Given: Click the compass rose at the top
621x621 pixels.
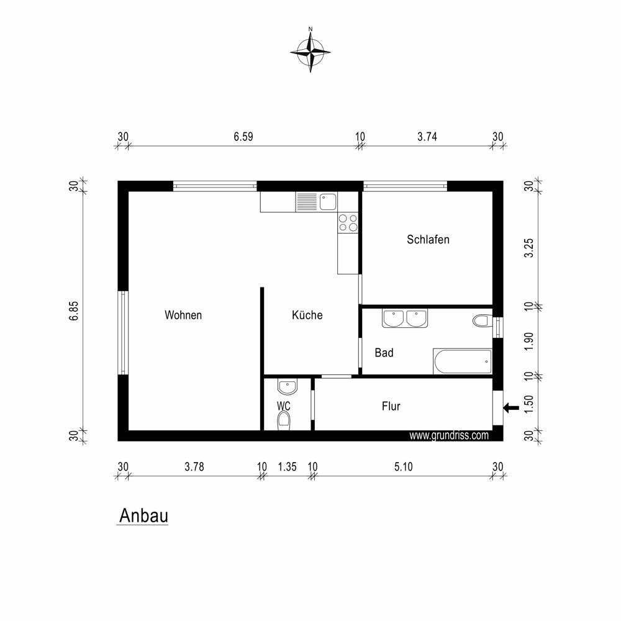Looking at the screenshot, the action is click(x=310, y=51).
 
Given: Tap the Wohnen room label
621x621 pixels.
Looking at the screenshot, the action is click(x=183, y=315).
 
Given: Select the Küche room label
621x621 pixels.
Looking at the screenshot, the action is click(x=307, y=315).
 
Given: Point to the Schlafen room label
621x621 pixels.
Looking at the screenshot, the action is click(x=428, y=239).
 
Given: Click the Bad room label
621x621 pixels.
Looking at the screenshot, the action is click(x=384, y=353).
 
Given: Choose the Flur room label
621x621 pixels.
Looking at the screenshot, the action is click(x=391, y=406).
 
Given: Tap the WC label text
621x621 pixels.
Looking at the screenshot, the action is click(x=284, y=406).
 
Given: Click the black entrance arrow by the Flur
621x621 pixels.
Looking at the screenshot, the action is click(x=511, y=407).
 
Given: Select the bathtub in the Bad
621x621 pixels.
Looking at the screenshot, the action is click(x=463, y=361).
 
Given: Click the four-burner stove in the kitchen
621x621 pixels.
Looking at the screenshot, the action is click(x=348, y=222).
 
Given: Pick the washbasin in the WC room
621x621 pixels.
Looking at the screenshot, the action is click(x=287, y=387).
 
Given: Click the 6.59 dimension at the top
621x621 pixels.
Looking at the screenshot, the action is click(x=243, y=137).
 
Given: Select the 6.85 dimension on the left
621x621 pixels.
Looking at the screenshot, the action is click(x=75, y=311).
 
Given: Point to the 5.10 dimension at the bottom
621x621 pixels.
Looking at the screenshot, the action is click(x=403, y=466).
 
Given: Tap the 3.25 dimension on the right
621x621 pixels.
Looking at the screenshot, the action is click(x=529, y=248).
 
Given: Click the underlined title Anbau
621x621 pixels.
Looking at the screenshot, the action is click(x=143, y=515).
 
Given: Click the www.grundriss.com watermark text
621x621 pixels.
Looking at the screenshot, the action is click(x=449, y=436).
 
